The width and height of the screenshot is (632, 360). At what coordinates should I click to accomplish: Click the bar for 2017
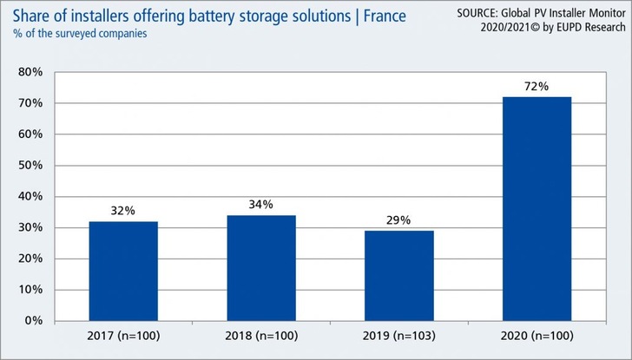click(x=123, y=271)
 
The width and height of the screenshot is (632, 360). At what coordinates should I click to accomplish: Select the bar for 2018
click(x=261, y=267)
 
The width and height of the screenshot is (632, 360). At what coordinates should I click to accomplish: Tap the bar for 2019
click(x=399, y=275)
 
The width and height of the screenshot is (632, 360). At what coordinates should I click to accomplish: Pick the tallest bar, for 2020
click(x=537, y=208)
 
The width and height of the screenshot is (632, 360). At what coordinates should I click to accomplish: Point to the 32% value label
click(x=123, y=211)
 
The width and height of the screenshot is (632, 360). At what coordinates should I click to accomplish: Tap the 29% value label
click(x=399, y=220)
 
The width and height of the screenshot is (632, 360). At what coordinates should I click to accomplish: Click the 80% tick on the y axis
click(x=32, y=72)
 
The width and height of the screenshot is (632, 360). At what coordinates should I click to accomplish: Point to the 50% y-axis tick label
click(x=32, y=166)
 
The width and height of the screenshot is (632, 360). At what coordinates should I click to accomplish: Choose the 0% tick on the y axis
click(x=36, y=321)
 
